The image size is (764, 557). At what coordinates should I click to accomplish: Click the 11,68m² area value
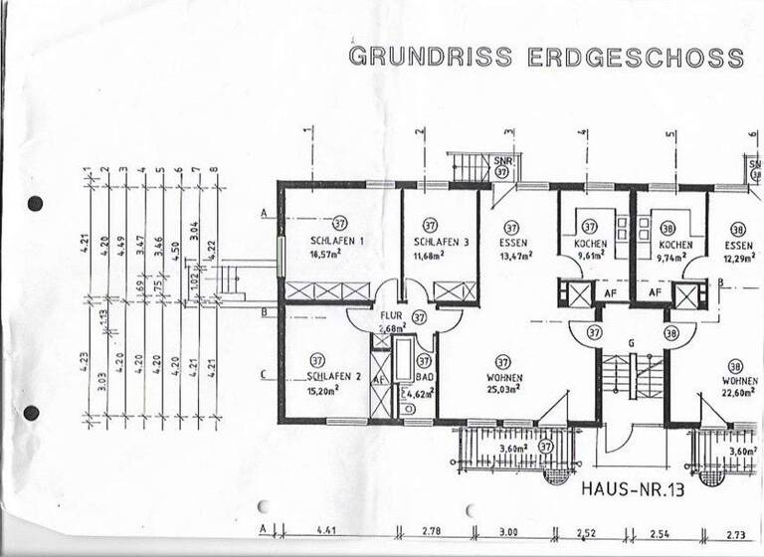[431, 256]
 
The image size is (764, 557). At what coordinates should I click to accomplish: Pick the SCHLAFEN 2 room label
[329, 379]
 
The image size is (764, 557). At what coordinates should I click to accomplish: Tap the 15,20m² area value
[322, 392]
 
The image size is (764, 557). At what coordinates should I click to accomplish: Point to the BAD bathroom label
[424, 380]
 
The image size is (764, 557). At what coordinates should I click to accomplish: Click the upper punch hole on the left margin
[35, 204]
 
